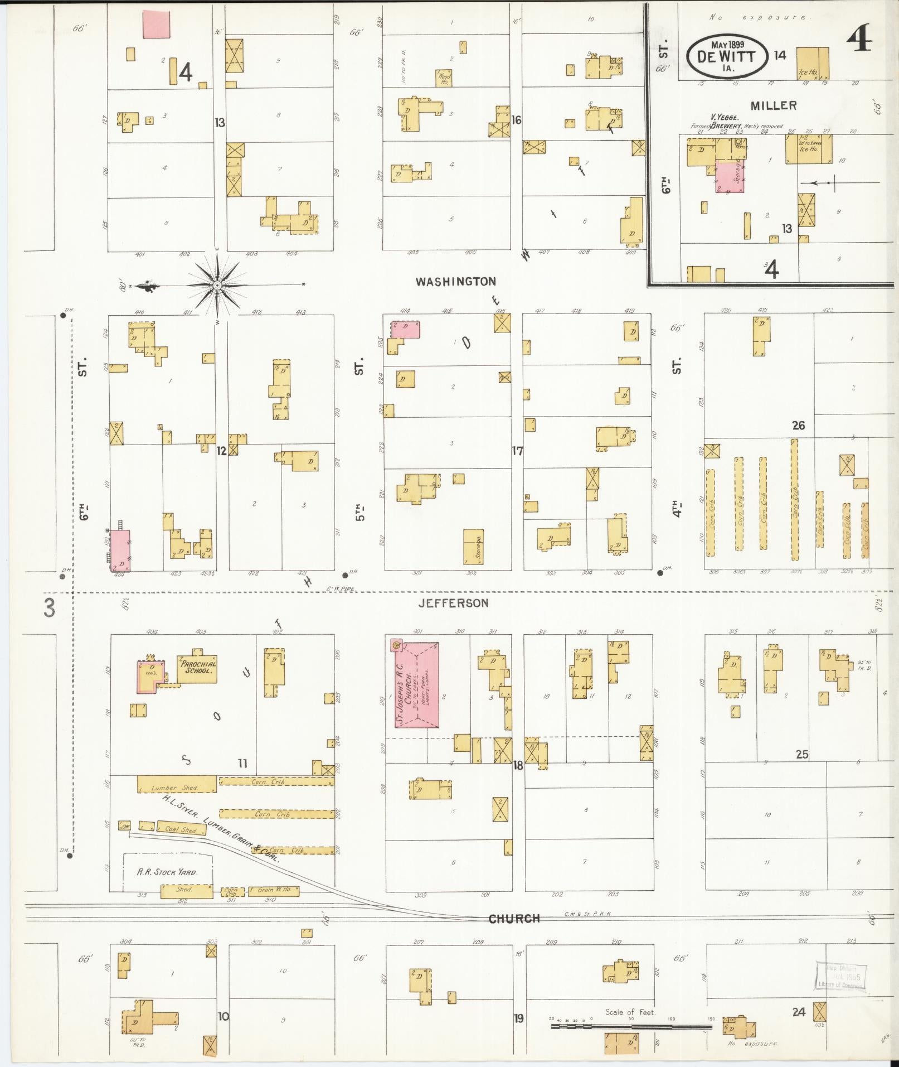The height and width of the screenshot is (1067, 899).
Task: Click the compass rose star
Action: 217,286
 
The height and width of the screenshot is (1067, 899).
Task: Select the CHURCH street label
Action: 514,918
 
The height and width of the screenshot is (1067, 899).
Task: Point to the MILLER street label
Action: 773,105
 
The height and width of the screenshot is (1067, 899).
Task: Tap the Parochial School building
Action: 197,666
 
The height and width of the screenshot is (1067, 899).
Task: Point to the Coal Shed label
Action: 181,828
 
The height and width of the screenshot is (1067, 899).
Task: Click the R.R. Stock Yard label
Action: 167,872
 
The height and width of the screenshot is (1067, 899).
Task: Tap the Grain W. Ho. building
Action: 274,891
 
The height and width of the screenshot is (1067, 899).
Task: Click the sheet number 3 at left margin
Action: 50,608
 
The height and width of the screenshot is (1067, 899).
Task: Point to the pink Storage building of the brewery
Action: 730,178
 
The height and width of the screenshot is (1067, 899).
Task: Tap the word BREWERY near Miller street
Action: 725,126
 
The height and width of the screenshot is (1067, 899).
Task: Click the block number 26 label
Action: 798,426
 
